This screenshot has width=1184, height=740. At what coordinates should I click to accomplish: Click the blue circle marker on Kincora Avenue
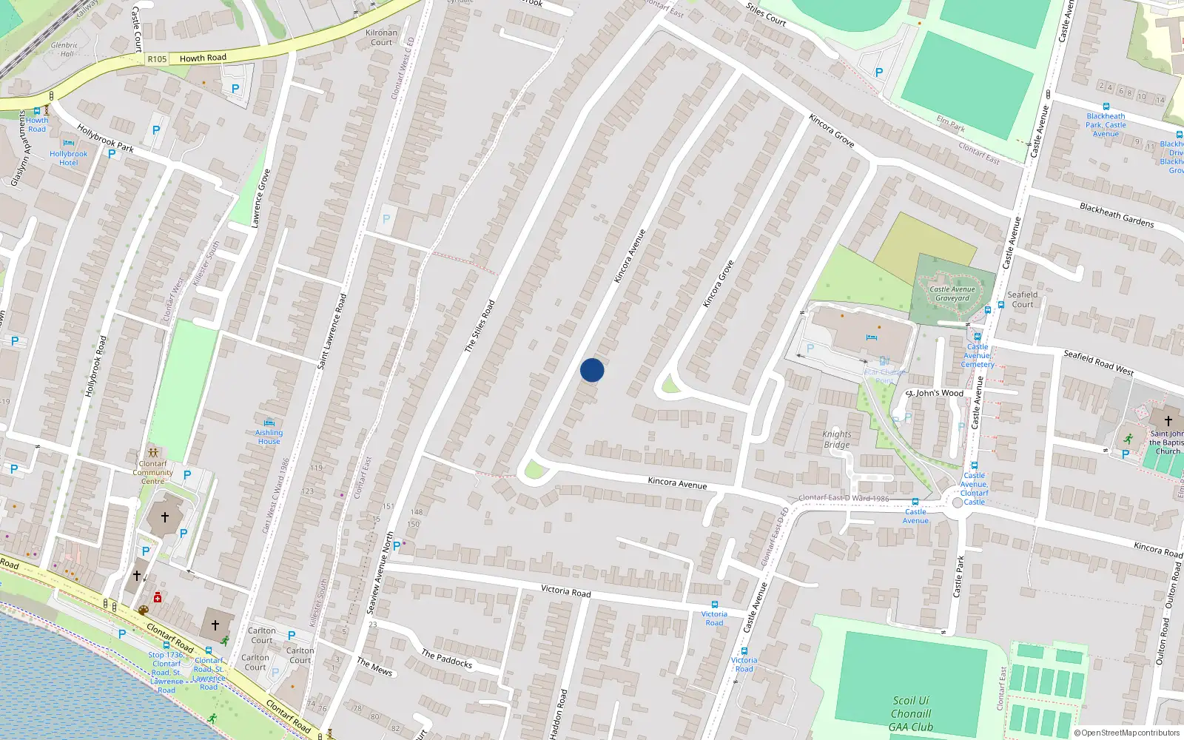592,370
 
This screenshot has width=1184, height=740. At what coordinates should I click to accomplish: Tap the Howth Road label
203,58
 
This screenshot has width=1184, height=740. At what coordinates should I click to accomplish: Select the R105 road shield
157,59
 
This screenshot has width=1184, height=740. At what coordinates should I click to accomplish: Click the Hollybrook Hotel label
68,158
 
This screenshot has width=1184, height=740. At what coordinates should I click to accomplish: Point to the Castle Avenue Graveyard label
952,294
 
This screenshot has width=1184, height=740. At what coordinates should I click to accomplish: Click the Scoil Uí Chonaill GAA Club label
911,713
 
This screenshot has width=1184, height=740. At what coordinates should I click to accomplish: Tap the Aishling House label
269,437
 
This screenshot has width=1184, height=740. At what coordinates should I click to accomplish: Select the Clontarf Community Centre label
153,472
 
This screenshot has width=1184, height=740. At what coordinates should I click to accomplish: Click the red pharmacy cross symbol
157,597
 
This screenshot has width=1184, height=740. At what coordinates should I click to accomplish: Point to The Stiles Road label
480,326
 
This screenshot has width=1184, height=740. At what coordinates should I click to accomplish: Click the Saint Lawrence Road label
332,332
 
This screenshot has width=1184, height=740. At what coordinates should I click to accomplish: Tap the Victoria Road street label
566,591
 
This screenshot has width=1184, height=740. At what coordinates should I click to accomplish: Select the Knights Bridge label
837,440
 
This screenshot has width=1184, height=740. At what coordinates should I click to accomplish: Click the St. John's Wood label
935,393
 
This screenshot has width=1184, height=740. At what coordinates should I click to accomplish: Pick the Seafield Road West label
1098,363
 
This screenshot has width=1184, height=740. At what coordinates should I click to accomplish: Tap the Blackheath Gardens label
1117,215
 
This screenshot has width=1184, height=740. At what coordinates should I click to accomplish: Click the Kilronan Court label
382,37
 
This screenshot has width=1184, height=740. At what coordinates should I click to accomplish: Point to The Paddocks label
447,659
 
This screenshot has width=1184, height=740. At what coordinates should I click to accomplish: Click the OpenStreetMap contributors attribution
1127,733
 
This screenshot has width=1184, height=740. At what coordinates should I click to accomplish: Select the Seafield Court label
1023,299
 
